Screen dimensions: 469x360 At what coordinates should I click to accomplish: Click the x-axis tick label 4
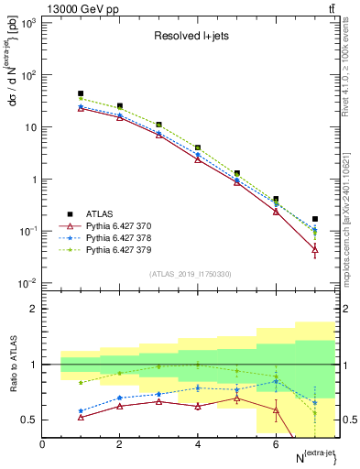(x=198, y=444)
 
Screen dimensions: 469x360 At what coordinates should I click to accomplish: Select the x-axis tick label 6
(x=276, y=444)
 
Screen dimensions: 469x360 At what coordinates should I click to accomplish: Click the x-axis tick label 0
(x=43, y=444)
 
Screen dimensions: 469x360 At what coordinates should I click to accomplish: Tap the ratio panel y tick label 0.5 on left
(x=29, y=420)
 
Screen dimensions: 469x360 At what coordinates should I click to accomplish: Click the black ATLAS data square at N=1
(x=81, y=93)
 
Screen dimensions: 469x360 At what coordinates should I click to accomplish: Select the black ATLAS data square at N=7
(x=315, y=219)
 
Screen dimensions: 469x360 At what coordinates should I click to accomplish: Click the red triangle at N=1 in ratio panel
(x=81, y=417)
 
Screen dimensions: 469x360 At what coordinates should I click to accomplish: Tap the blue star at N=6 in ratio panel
(x=276, y=381)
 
